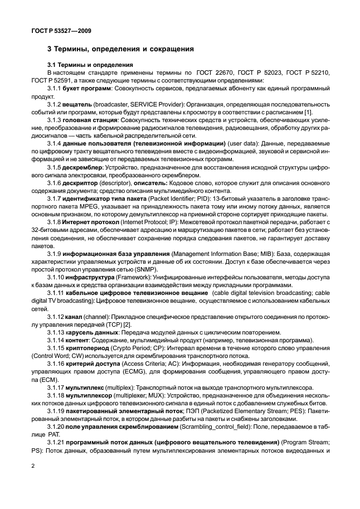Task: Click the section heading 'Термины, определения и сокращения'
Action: tap(125, 49)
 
